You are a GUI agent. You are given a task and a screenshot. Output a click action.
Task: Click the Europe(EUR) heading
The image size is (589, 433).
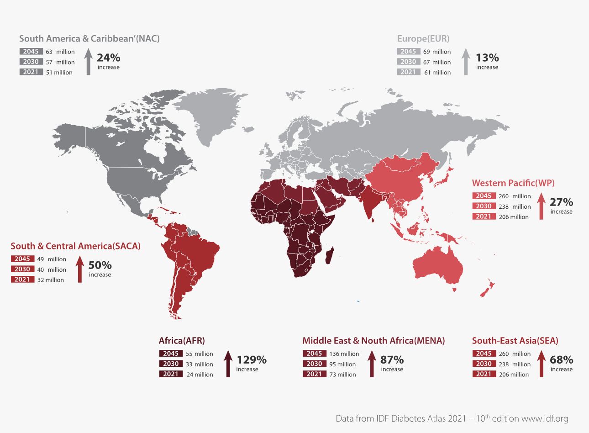(423, 39)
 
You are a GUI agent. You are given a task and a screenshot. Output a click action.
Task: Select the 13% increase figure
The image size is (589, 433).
(487, 58)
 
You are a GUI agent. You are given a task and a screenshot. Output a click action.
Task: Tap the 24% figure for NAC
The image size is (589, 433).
(108, 58)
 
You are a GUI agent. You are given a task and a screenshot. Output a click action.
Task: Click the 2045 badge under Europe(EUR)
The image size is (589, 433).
(408, 52)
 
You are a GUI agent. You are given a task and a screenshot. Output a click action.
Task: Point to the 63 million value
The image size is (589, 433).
(60, 52)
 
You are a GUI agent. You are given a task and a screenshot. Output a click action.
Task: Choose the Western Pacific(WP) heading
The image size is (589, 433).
(513, 183)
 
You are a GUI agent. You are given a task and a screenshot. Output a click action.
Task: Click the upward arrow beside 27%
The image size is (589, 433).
(541, 206)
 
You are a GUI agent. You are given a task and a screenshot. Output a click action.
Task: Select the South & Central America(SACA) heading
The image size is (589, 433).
(75, 246)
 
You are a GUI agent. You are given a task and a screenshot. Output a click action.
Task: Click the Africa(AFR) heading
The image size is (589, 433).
(182, 341)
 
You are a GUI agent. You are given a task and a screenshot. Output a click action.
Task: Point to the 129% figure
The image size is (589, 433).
(251, 360)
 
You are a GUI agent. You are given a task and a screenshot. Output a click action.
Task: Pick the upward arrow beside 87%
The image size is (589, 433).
(372, 364)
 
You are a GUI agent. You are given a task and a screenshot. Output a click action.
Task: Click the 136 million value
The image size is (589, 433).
(344, 354)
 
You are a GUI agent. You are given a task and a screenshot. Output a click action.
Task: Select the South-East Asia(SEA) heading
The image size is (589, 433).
(515, 341)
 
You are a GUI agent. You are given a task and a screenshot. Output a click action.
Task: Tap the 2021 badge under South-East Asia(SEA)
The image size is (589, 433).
(484, 374)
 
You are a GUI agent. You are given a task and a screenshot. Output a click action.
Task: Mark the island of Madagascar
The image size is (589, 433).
(330, 255)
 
